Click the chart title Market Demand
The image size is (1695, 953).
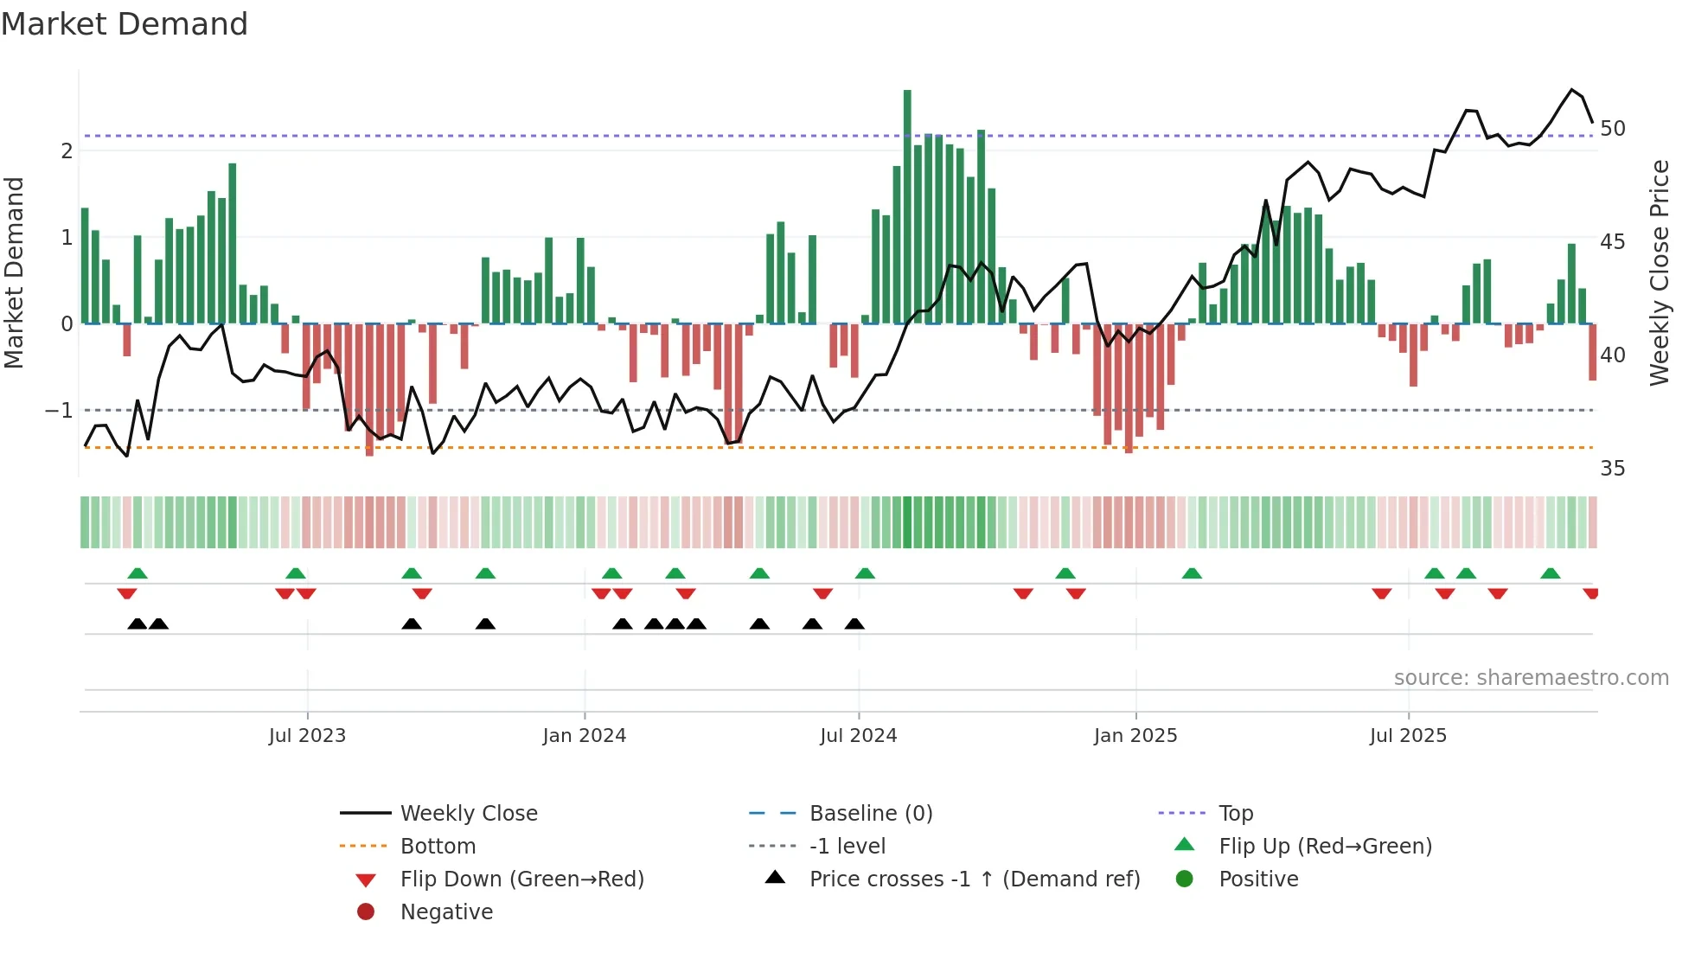click(x=125, y=24)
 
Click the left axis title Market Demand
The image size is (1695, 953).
click(x=15, y=273)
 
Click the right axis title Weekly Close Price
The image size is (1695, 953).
click(x=1659, y=273)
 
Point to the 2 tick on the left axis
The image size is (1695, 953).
click(x=67, y=151)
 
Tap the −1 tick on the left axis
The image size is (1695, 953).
click(x=60, y=411)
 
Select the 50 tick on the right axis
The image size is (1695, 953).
click(x=1612, y=129)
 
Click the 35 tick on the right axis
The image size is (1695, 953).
click(x=1612, y=469)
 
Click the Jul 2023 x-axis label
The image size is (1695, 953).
click(x=307, y=736)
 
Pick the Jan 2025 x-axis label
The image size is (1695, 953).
click(x=1135, y=736)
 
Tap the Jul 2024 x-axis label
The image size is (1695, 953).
click(x=858, y=736)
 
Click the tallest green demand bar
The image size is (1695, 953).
click(x=907, y=208)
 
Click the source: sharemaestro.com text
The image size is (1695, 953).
click(x=1531, y=678)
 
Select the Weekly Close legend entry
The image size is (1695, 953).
click(x=468, y=814)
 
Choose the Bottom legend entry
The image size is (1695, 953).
click(x=438, y=847)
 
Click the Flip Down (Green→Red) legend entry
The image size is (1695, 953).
click(x=521, y=879)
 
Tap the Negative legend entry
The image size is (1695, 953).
click(x=446, y=912)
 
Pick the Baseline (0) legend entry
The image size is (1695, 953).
click(x=870, y=814)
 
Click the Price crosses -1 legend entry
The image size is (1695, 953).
click(x=974, y=879)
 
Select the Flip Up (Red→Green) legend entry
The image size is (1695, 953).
click(x=1325, y=847)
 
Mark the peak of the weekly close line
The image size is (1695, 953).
click(x=1572, y=89)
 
